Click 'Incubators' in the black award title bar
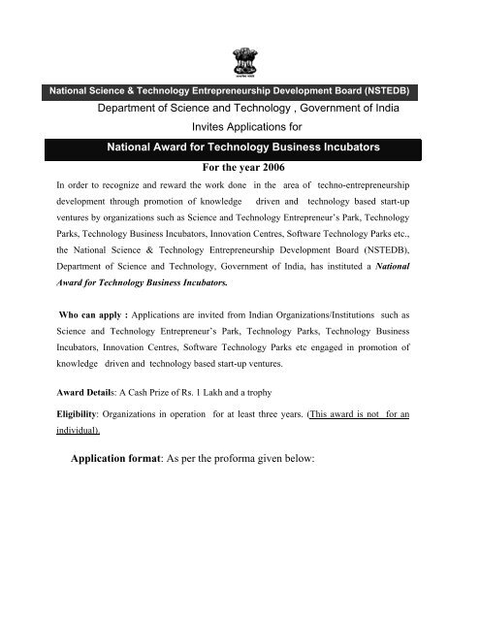point(344,147)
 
